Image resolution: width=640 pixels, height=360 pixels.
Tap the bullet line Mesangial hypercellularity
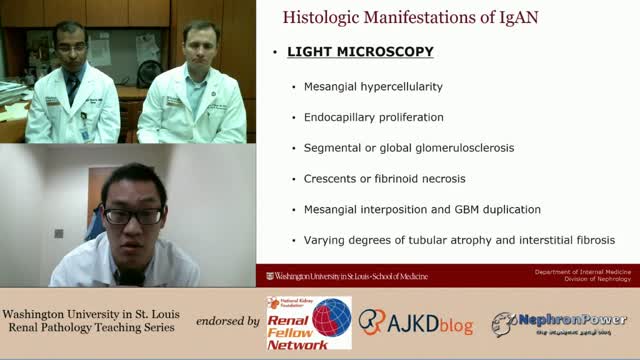coord(373,87)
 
